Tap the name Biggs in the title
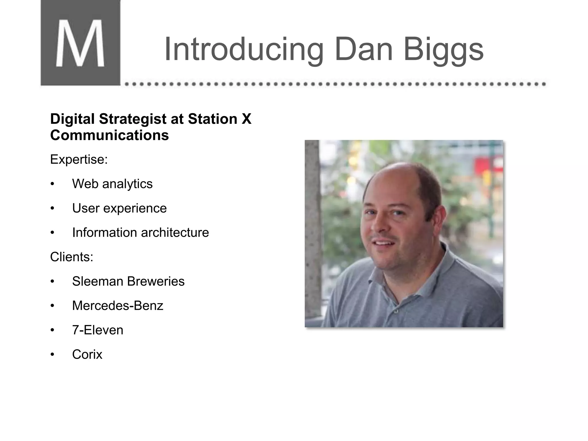(444, 49)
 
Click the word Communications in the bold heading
(109, 135)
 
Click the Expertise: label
(79, 159)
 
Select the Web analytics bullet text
(112, 184)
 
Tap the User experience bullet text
(119, 208)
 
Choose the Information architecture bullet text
(140, 233)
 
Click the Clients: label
(72, 257)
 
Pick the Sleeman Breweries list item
(128, 281)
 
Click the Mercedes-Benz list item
(118, 306)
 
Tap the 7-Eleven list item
(98, 330)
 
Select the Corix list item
(87, 355)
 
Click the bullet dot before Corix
(52, 355)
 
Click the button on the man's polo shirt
(396, 311)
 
